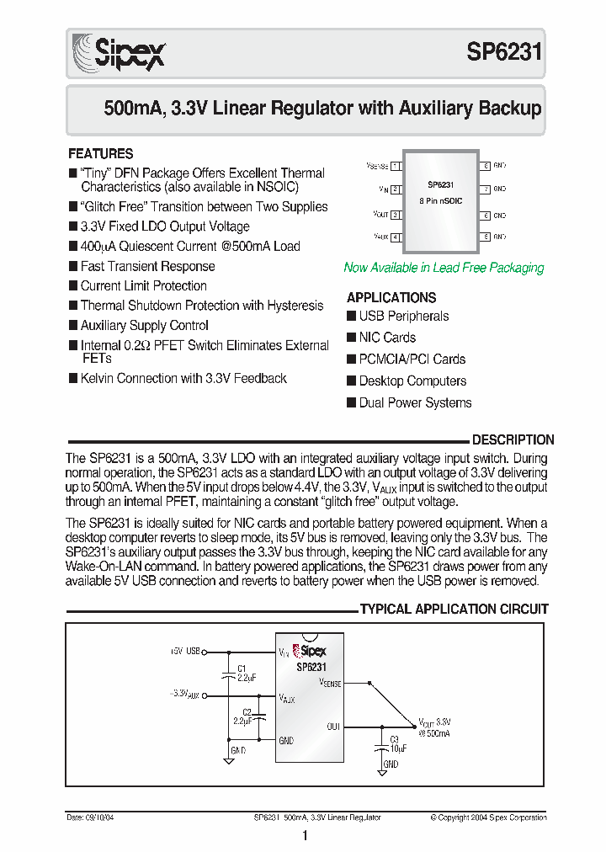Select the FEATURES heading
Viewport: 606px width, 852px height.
(100, 154)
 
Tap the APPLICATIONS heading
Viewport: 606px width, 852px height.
(391, 297)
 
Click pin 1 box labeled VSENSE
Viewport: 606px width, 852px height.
(396, 167)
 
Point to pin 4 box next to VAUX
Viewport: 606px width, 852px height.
(396, 237)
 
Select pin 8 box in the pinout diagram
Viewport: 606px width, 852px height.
(486, 167)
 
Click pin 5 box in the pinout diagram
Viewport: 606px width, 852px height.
(486, 237)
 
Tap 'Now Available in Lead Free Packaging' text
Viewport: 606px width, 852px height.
(444, 268)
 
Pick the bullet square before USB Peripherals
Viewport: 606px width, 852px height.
(352, 317)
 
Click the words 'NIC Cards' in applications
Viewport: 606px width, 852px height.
(387, 338)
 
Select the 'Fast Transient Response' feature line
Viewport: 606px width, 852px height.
(147, 266)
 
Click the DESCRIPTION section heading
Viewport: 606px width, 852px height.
(513, 439)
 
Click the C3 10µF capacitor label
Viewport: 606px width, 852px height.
(398, 743)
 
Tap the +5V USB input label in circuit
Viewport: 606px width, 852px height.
(185, 651)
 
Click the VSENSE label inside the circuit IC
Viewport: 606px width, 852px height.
(330, 684)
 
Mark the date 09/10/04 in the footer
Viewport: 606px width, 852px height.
(84, 817)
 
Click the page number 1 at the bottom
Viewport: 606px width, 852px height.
(304, 835)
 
